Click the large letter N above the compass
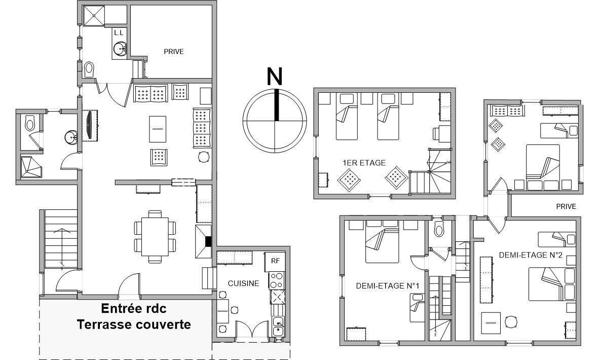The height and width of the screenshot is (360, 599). click(274, 76)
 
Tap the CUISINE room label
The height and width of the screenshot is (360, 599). click(243, 283)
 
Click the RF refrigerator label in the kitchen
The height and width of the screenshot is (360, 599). click(275, 261)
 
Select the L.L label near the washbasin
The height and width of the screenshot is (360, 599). click(119, 33)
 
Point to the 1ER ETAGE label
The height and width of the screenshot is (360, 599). click(364, 163)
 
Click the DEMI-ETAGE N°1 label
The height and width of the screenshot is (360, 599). click(387, 285)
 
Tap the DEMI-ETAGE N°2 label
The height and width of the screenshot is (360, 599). click(531, 255)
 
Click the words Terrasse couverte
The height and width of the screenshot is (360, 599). click(134, 325)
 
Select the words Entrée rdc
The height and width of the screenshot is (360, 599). click(133, 308)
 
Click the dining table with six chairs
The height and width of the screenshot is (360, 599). click(155, 237)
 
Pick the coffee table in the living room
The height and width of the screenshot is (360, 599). click(158, 129)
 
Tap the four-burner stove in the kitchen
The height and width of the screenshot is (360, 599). click(277, 280)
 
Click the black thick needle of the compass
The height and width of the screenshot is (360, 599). click(276, 105)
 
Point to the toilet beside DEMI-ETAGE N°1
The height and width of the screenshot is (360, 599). click(439, 230)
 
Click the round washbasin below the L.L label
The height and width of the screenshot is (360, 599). click(120, 49)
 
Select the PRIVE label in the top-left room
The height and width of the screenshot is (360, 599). click(173, 51)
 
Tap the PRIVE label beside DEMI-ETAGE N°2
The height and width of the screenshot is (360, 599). click(566, 206)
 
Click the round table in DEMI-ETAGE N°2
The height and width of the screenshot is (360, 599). click(511, 322)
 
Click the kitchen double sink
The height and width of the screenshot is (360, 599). click(278, 327)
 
